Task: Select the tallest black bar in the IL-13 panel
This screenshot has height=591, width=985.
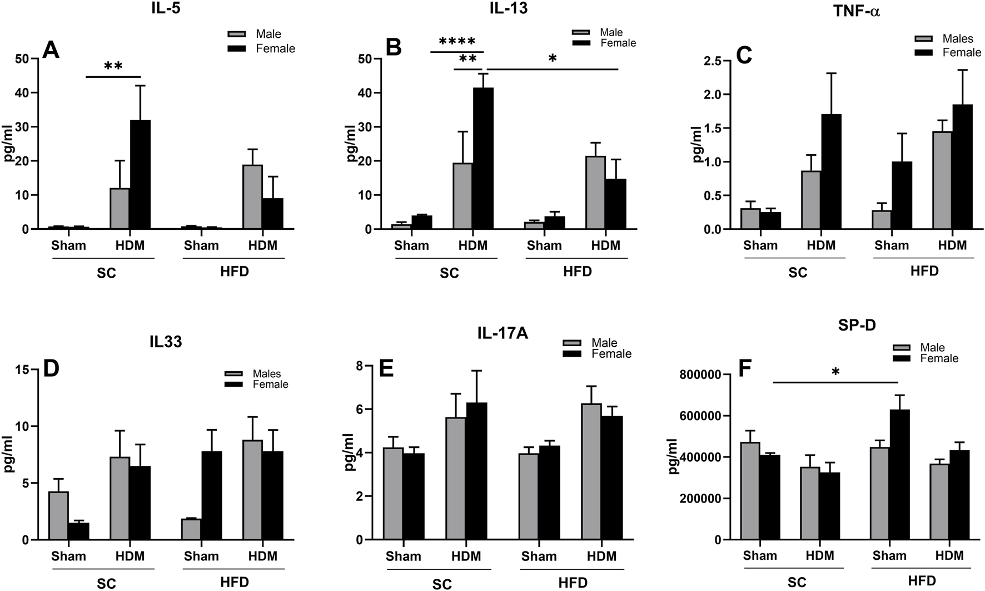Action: point(483,159)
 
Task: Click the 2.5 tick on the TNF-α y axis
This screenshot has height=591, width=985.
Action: point(717,61)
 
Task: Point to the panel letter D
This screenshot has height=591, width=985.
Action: point(51,369)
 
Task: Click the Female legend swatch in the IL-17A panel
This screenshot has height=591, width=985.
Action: point(573,353)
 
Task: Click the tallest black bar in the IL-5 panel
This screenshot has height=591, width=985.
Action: point(140,175)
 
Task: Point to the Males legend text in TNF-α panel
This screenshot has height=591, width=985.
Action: point(958,39)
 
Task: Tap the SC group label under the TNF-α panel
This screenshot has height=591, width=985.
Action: point(797,273)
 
